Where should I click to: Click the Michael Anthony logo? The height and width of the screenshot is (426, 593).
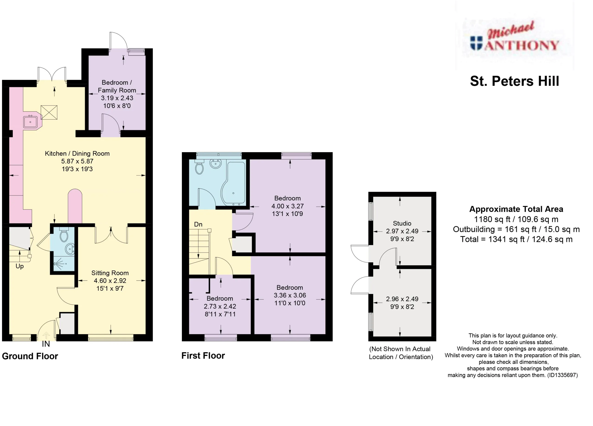[514, 37]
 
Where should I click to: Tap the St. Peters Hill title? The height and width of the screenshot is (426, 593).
[514, 81]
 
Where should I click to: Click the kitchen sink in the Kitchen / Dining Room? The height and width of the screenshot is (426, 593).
[30, 122]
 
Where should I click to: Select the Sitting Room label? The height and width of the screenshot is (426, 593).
[110, 273]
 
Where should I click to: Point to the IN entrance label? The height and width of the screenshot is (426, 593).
[46, 344]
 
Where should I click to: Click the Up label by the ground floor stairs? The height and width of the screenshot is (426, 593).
[20, 266]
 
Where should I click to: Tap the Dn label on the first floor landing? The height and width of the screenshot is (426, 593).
[198, 224]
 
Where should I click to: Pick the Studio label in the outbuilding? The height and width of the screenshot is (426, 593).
[402, 223]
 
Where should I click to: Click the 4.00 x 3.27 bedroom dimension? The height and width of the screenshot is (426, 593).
[288, 206]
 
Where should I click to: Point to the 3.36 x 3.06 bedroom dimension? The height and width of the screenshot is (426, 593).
[290, 295]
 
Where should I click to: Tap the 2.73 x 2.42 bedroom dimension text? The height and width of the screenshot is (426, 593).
[220, 306]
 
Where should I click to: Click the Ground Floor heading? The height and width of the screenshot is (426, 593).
[30, 356]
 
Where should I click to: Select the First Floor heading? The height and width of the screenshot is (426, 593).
[203, 356]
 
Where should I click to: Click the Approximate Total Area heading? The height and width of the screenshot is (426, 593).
[516, 209]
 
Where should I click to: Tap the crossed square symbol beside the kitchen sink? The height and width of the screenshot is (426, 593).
[49, 112]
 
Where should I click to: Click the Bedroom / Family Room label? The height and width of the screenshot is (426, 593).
[117, 86]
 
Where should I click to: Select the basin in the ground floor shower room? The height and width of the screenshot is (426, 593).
[70, 249]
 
